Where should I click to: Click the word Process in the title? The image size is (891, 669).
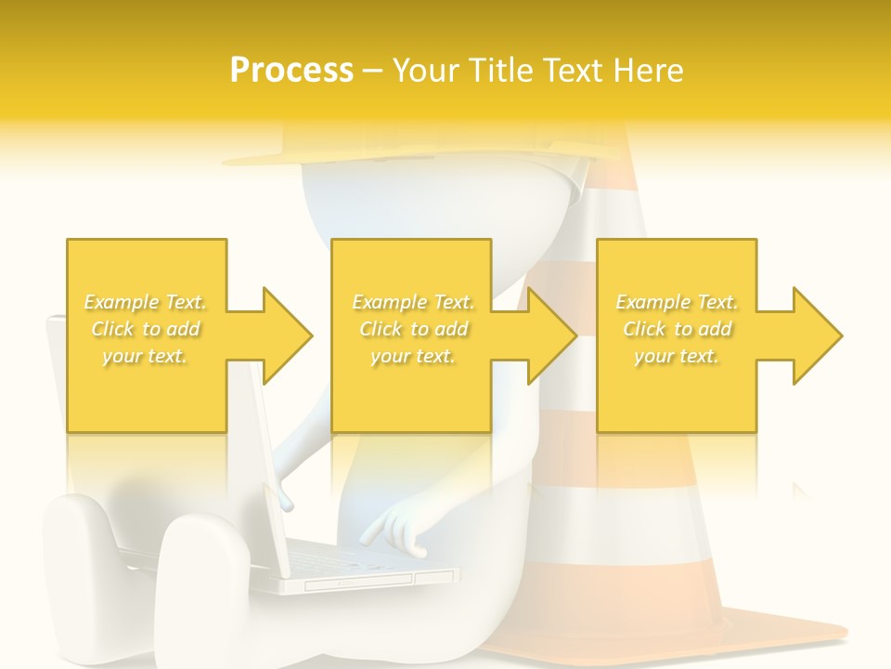click(x=291, y=71)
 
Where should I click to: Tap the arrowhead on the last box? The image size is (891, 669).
click(x=816, y=335)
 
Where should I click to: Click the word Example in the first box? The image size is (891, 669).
click(x=120, y=302)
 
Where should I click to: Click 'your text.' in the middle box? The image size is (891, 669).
click(x=412, y=356)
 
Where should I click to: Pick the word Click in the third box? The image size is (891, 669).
click(x=642, y=329)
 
